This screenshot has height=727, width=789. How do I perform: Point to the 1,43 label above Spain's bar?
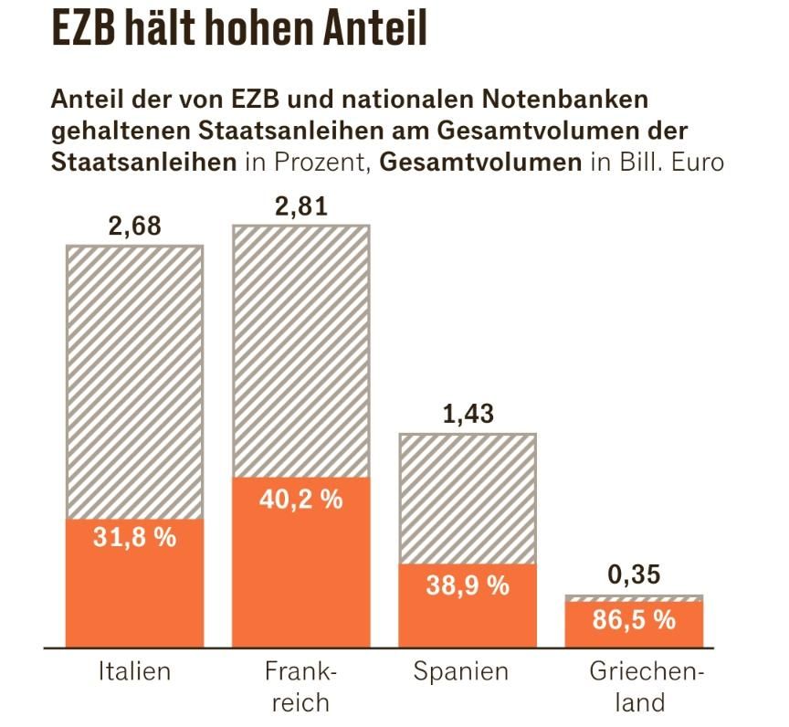click(x=467, y=413)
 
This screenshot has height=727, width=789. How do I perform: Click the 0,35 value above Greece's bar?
click(x=634, y=575)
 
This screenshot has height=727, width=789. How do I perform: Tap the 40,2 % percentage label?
click(x=301, y=500)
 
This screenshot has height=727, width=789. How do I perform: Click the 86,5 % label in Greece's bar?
click(x=634, y=620)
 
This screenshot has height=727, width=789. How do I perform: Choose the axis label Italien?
click(x=134, y=673)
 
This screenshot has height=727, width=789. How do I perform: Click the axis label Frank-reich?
click(x=301, y=688)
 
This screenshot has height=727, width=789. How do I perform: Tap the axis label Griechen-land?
click(x=634, y=688)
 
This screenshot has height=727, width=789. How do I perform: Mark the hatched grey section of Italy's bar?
click(x=134, y=382)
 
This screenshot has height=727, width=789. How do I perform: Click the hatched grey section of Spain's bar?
click(x=468, y=498)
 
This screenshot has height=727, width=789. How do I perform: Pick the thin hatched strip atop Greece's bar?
click(x=634, y=598)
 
